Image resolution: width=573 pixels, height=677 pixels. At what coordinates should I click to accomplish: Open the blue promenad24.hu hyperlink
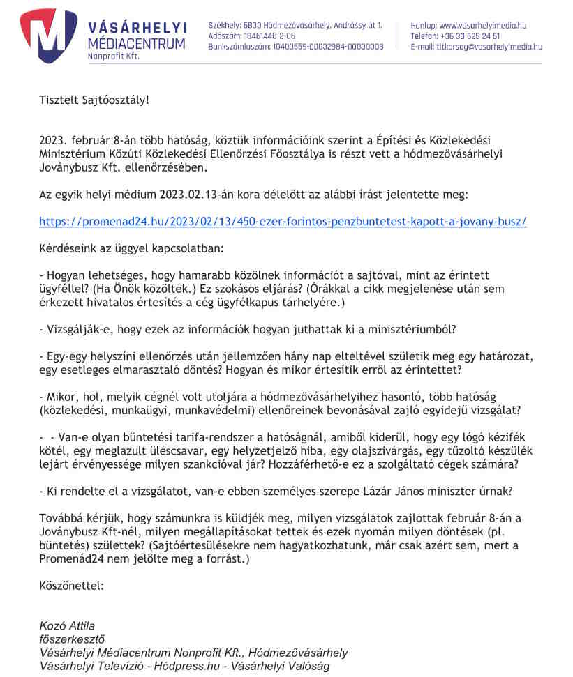pos(283,222)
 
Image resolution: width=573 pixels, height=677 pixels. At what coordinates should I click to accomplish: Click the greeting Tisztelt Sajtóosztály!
pos(94,100)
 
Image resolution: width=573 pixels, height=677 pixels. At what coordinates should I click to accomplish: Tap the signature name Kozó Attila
pos(67,625)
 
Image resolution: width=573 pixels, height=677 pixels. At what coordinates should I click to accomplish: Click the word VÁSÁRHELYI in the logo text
pos(137,27)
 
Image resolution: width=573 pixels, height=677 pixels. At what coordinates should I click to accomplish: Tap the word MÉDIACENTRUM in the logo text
pos(137,43)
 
